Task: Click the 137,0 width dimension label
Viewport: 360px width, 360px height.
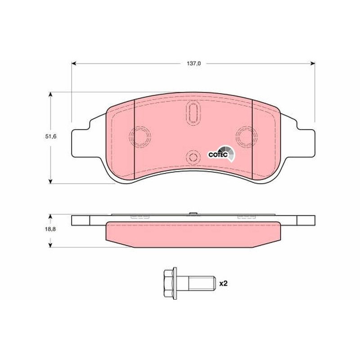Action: pyautogui.click(x=193, y=63)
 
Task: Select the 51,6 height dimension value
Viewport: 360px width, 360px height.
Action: pyautogui.click(x=51, y=137)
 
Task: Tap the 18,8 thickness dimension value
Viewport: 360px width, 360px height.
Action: pyautogui.click(x=50, y=229)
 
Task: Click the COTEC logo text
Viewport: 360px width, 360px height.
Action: pyautogui.click(x=218, y=154)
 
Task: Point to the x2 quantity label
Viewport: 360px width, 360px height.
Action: pyautogui.click(x=223, y=283)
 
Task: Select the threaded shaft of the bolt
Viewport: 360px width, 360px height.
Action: pyautogui.click(x=201, y=283)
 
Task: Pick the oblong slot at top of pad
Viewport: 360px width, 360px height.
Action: pyautogui.click(x=193, y=113)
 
